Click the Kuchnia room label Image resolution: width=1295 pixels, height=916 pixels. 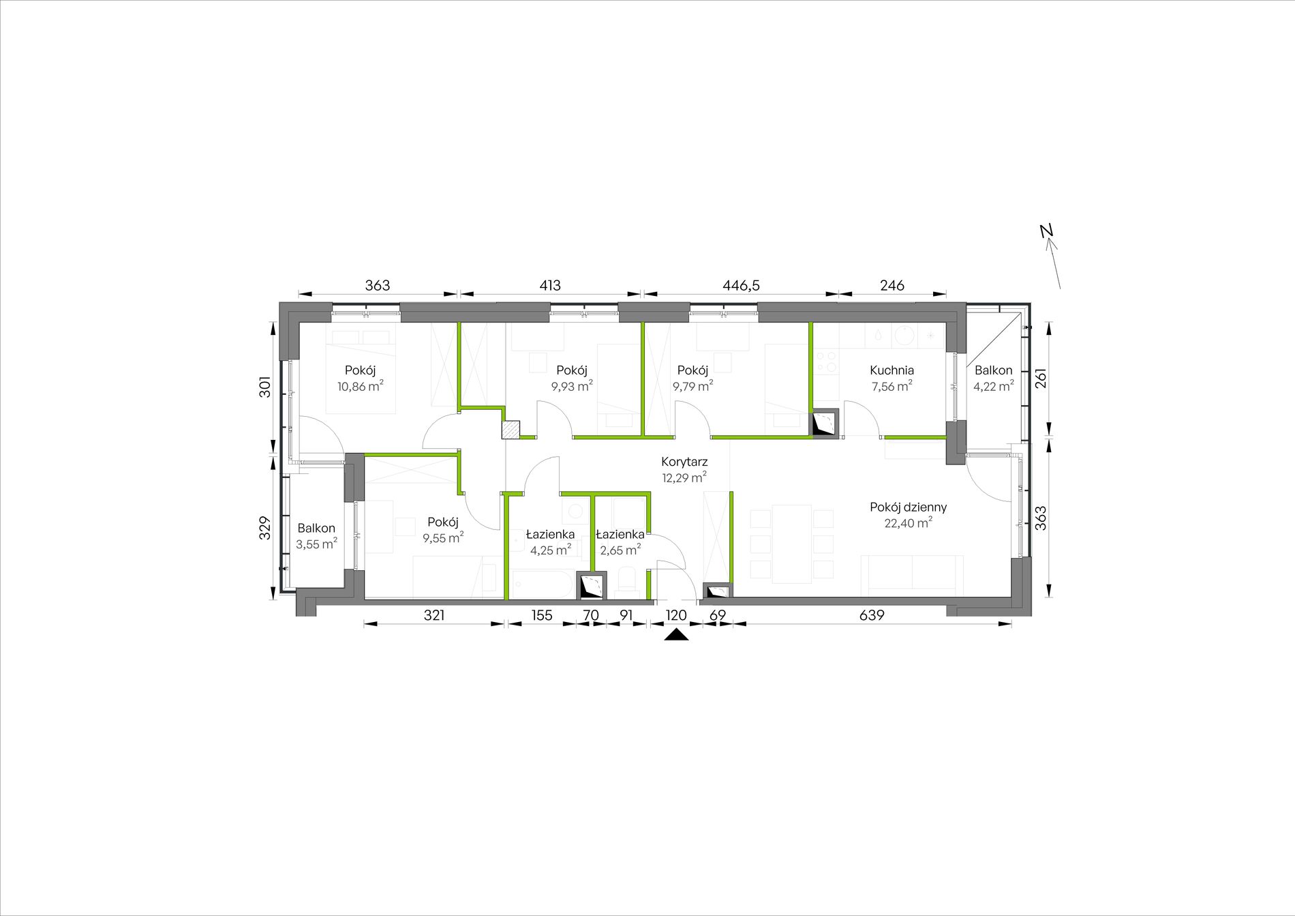892,370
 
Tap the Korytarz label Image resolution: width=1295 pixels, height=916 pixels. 684,462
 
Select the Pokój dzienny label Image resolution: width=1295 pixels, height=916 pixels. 908,507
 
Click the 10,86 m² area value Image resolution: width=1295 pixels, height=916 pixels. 360,386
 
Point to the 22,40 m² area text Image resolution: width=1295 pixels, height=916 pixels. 908,523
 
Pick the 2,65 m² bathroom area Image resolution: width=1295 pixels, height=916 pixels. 620,550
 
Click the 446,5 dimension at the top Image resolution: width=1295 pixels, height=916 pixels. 741,286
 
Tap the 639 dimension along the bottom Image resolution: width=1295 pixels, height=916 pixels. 871,615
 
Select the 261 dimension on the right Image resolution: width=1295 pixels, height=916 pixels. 1041,379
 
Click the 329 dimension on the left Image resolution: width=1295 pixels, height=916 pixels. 265,527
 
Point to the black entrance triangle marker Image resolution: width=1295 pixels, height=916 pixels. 676,636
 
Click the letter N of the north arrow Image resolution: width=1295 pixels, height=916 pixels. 1047,231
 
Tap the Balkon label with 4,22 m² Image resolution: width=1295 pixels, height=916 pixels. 993,370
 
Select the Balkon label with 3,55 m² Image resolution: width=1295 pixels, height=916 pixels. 316,529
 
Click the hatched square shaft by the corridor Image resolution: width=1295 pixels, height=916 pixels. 511,429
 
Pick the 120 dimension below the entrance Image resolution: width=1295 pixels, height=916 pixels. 676,615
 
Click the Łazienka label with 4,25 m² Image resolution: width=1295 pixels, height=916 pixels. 550,535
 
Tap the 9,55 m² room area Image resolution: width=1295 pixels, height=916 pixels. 443,537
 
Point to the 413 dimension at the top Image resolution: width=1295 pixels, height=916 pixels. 550,286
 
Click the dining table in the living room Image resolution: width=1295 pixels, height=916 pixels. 791,544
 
